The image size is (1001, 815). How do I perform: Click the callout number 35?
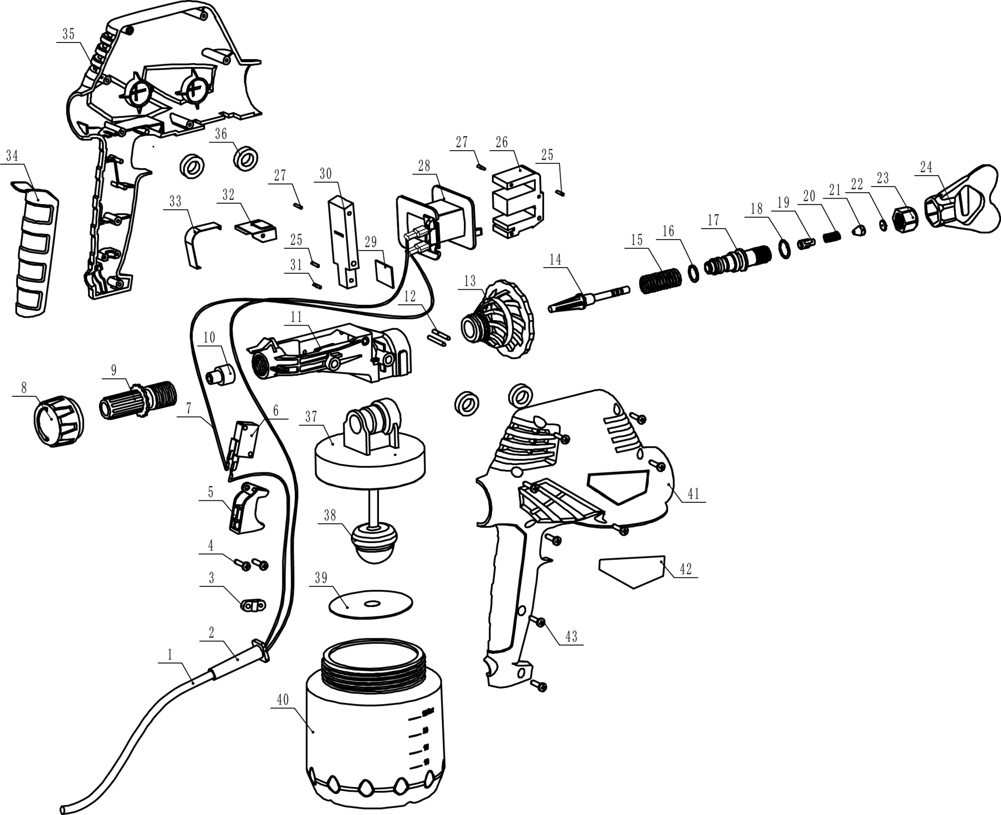pos(69,34)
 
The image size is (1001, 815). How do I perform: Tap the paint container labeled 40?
pos(374,740)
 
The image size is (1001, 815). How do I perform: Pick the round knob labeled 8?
pos(58,421)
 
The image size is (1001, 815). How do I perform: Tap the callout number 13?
pos(469,281)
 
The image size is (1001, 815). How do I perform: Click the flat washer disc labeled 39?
pos(370,605)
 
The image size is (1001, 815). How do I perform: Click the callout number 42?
pos(685,569)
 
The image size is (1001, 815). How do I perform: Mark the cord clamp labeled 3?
pos(253,606)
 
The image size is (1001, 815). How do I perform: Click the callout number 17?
pos(713,220)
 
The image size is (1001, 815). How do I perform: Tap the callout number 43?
pos(571,636)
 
